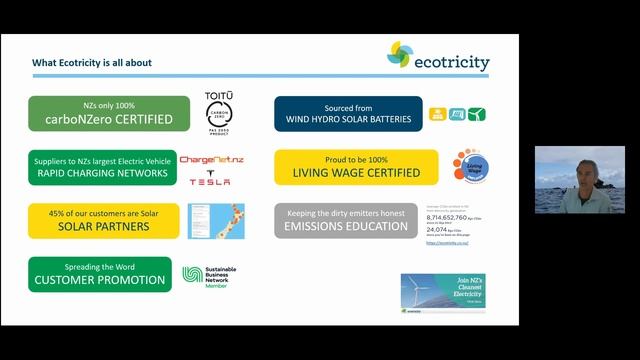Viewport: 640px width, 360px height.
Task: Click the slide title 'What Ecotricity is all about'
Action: coord(92,63)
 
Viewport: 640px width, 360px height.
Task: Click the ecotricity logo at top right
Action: coord(439,56)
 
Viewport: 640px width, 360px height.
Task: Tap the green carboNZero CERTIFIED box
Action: coord(108,114)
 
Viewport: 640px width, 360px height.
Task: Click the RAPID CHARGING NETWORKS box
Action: coord(100,167)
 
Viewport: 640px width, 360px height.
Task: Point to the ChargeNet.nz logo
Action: coord(211,160)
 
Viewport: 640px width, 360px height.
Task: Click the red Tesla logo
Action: coord(210,181)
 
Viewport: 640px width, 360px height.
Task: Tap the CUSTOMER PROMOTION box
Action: coord(100,274)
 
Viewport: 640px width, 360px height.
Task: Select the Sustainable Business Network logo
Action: coord(208,275)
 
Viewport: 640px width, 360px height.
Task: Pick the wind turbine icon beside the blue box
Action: coord(476,114)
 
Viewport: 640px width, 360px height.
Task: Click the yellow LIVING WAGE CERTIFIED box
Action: coord(356,167)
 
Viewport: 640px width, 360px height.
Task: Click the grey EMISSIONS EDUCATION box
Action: coord(346,220)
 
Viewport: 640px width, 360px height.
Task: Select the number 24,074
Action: coord(440,229)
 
